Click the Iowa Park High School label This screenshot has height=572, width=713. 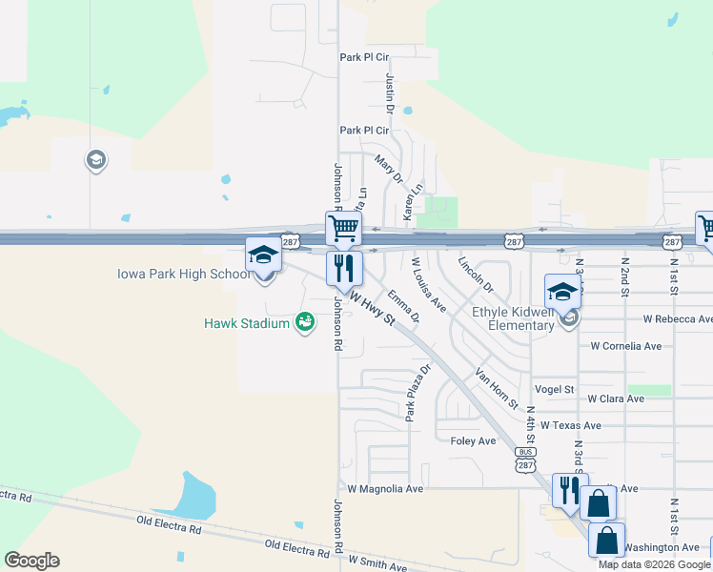[183, 275]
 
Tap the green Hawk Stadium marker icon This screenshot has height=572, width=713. [305, 324]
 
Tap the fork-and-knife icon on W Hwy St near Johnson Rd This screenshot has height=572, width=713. [344, 269]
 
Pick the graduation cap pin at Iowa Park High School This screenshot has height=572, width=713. [264, 255]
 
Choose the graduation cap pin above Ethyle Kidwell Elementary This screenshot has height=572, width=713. [562, 291]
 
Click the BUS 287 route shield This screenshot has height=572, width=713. [524, 459]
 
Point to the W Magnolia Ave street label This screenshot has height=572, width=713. [384, 488]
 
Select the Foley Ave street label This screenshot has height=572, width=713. [473, 441]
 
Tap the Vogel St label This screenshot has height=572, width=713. [555, 390]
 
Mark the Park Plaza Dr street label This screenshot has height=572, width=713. [418, 392]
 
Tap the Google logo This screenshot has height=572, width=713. [31, 561]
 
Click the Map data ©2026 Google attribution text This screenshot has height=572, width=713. [655, 564]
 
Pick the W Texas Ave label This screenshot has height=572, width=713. [570, 425]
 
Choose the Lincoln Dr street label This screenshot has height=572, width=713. [476, 274]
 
